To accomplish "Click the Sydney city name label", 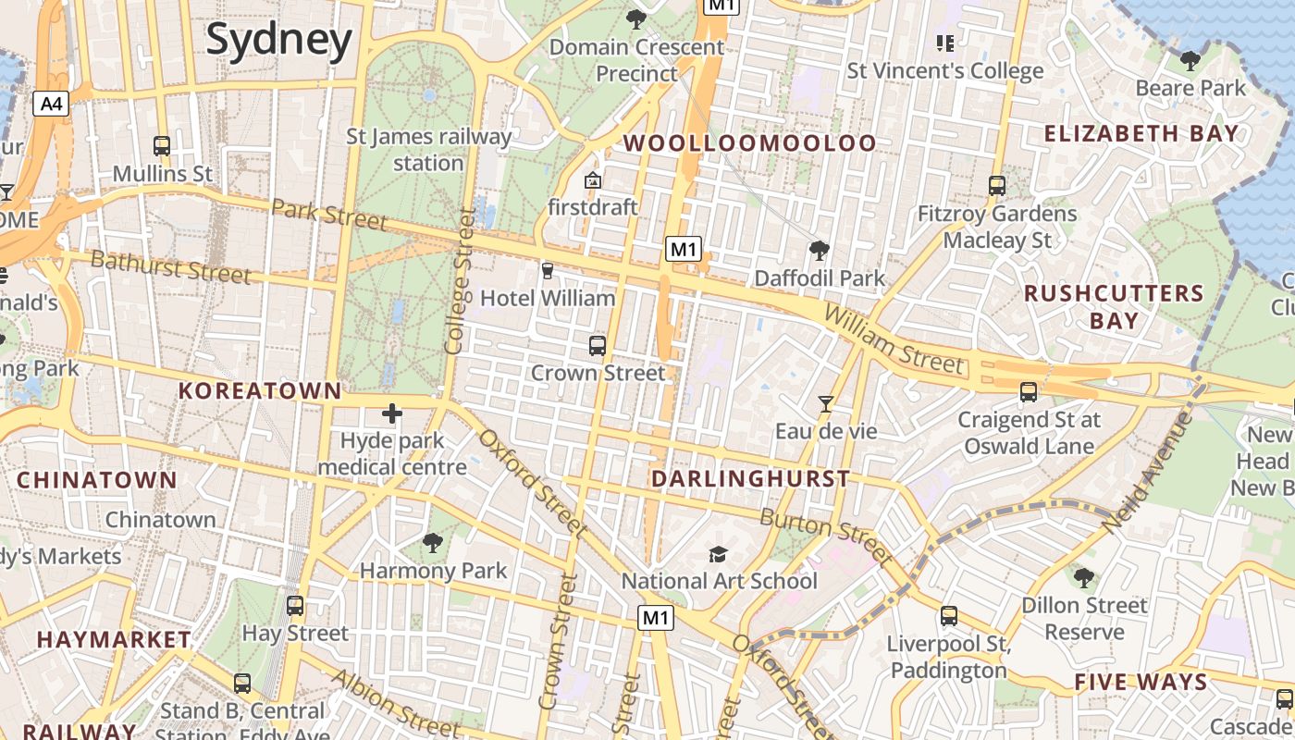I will (x=278, y=40).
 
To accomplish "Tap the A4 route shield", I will (x=51, y=103).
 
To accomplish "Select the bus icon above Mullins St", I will (x=162, y=145).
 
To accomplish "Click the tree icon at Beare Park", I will (x=1190, y=61).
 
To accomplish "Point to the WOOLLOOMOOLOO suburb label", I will (x=749, y=142).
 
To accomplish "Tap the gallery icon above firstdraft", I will (x=593, y=179).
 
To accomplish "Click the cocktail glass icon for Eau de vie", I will (x=825, y=403).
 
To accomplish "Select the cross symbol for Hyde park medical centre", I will (x=392, y=413).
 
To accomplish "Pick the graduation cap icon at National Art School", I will (x=718, y=553).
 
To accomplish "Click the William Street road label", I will (x=893, y=339).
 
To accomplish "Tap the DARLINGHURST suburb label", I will (x=750, y=478).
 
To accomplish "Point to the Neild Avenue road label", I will (x=1146, y=473).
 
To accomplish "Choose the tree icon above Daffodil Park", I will (x=819, y=250).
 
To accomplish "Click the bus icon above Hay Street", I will (x=295, y=606).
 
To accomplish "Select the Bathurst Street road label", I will (x=171, y=266).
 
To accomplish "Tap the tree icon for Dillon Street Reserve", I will (x=1084, y=578).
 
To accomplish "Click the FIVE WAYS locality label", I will (x=1141, y=683).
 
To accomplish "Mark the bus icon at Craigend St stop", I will (x=1028, y=392).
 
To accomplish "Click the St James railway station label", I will (x=428, y=150).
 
